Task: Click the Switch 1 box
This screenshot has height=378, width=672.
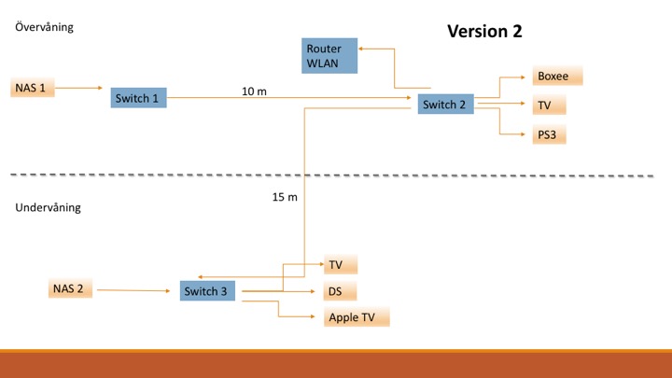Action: (x=138, y=97)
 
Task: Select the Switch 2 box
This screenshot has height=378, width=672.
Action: (x=445, y=105)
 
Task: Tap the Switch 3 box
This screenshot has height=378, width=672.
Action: (x=207, y=291)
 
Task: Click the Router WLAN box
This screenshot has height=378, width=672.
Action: (x=330, y=56)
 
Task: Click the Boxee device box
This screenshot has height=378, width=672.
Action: (x=558, y=77)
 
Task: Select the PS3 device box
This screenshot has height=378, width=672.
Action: (x=551, y=134)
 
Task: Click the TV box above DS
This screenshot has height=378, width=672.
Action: (x=341, y=265)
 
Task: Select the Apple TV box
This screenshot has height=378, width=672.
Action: (x=357, y=317)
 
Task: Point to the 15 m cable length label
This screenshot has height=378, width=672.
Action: (x=285, y=197)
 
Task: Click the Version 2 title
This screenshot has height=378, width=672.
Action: (x=484, y=31)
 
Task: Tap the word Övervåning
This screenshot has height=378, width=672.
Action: (x=44, y=27)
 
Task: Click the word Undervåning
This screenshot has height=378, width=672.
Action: (x=48, y=207)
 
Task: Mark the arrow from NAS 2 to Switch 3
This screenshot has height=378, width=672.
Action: (x=136, y=290)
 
